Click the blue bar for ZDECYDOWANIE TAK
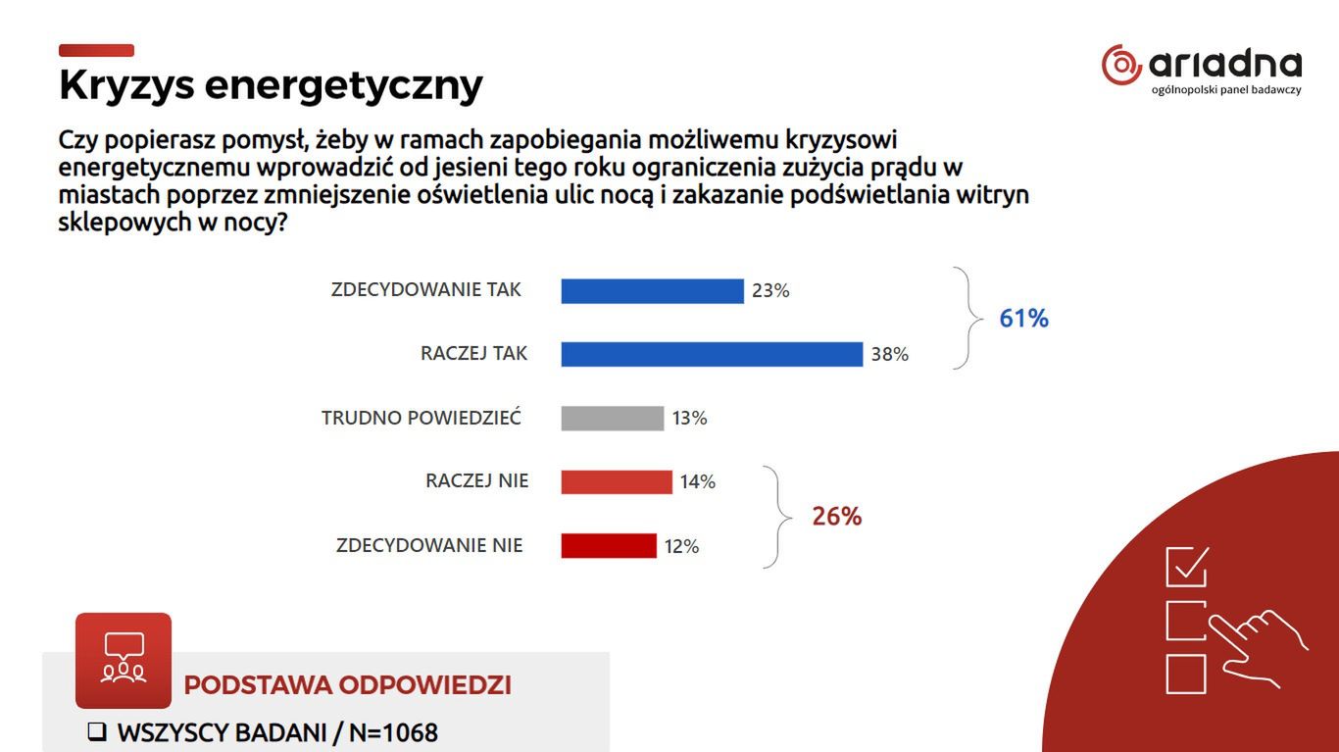(652, 291)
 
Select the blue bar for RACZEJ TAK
(712, 354)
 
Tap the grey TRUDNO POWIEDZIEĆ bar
(612, 419)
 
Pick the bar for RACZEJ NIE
(617, 482)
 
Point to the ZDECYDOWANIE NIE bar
(608, 546)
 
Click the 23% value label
(770, 291)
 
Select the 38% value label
(890, 355)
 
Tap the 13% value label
(689, 419)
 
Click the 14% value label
(698, 482)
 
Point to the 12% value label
(681, 547)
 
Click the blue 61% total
(1023, 319)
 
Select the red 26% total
(836, 517)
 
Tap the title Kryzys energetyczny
(271, 85)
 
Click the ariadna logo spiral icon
(1121, 65)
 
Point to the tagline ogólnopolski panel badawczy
(1226, 90)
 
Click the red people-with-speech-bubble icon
(124, 660)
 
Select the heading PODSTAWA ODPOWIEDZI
(347, 685)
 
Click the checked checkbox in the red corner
(1186, 567)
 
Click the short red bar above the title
(96, 51)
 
